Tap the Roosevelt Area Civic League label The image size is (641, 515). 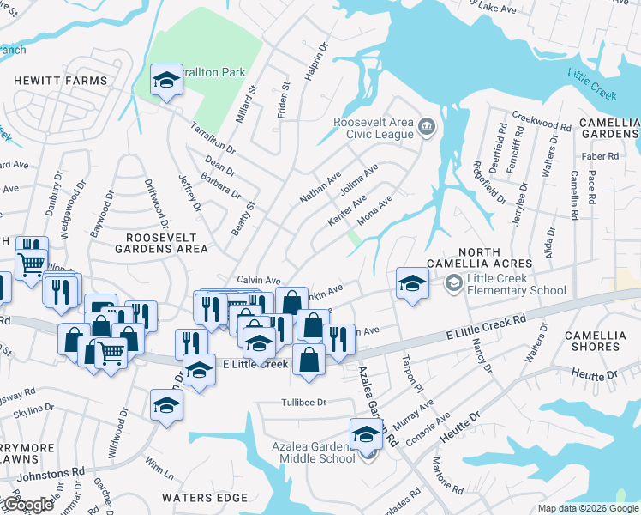374,128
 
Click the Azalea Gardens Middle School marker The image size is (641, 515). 367,434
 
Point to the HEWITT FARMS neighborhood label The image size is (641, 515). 60,81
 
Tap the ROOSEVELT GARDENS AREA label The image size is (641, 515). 167,242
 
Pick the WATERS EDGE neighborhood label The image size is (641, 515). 205,498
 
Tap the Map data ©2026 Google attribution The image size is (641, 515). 588,508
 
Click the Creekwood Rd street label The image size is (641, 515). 542,120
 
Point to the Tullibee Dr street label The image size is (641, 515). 304,402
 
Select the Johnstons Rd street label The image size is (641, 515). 55,470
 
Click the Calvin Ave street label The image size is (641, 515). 259,280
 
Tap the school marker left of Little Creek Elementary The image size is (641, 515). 411,283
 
